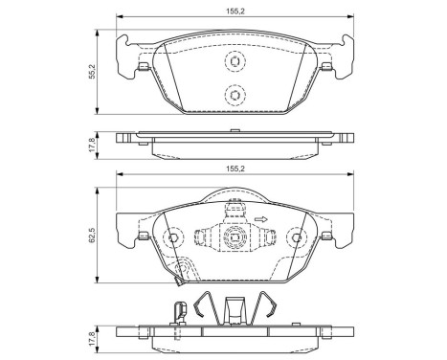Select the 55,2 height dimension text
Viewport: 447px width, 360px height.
point(92,73)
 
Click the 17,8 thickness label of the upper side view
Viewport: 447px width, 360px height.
point(92,141)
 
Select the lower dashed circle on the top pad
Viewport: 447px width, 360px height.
point(232,95)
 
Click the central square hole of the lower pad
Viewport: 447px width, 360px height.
point(231,238)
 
